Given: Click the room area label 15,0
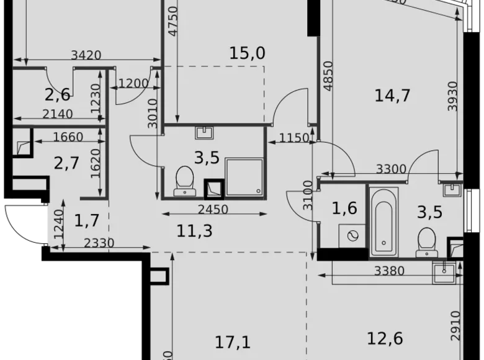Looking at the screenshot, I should [247, 53].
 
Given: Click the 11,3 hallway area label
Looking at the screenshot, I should [195, 231].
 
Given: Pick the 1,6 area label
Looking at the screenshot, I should [344, 208].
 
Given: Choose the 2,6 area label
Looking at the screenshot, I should [57, 95].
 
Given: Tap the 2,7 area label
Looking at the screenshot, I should [66, 164].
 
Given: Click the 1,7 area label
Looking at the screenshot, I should [87, 219].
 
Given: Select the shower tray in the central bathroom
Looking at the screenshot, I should [244, 177].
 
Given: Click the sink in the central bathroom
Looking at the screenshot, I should [204, 132].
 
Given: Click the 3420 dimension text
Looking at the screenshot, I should [86, 55].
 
